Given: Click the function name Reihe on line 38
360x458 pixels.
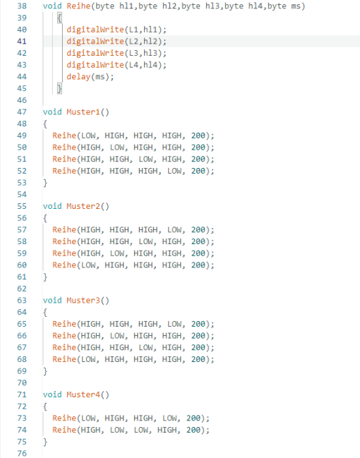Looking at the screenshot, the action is click(x=78, y=6).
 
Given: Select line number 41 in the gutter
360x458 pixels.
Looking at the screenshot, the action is click(x=22, y=42).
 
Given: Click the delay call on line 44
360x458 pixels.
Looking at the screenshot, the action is click(x=78, y=77).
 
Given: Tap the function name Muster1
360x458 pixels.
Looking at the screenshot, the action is click(x=83, y=112).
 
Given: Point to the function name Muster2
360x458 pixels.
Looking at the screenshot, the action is click(x=83, y=206).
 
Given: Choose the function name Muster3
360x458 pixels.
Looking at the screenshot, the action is click(x=83, y=301).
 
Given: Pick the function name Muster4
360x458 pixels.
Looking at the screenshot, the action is click(x=83, y=394).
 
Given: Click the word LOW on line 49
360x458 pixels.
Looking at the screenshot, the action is click(x=88, y=135).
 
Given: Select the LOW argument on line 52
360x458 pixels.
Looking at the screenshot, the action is click(x=174, y=171).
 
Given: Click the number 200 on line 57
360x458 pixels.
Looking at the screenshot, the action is click(x=198, y=230).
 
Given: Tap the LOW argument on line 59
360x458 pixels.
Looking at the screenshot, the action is click(x=117, y=253).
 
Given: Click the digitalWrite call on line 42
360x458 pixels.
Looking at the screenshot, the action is click(x=95, y=53).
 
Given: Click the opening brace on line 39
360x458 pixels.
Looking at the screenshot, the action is click(x=59, y=18).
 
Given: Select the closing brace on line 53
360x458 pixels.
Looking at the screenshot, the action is click(x=45, y=183).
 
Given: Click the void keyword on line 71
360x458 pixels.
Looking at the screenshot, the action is click(x=52, y=394).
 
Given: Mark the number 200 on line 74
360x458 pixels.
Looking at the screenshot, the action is click(x=193, y=430).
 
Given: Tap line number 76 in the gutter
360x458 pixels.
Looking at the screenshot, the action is click(x=22, y=453).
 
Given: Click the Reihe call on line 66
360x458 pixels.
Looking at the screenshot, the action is click(x=64, y=336).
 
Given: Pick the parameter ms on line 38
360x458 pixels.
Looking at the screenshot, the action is click(x=296, y=6).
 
